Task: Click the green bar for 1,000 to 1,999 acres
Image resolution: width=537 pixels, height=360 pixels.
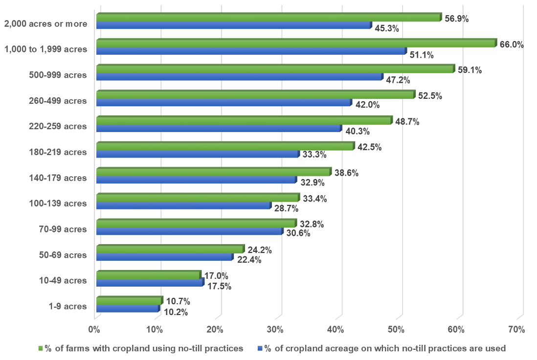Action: point(296,44)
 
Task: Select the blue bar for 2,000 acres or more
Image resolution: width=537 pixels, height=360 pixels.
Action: point(233,25)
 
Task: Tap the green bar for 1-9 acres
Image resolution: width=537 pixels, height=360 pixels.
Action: point(129,300)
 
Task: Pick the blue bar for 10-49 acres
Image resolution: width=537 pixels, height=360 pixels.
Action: point(149,282)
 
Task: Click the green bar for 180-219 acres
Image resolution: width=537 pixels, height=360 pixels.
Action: point(225,146)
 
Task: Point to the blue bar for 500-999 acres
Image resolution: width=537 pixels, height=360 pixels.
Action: point(239,77)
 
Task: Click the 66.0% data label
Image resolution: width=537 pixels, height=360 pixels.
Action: point(512,45)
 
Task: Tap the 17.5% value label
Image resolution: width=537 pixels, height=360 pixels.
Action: point(219,286)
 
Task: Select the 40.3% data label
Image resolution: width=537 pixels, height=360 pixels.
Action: point(357,131)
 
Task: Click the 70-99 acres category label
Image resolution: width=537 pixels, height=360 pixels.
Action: point(63,229)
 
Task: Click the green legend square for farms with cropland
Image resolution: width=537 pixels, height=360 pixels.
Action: point(41,349)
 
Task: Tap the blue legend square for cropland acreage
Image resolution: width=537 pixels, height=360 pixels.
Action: point(260,349)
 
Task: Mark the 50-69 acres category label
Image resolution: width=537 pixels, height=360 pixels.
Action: point(63,255)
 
